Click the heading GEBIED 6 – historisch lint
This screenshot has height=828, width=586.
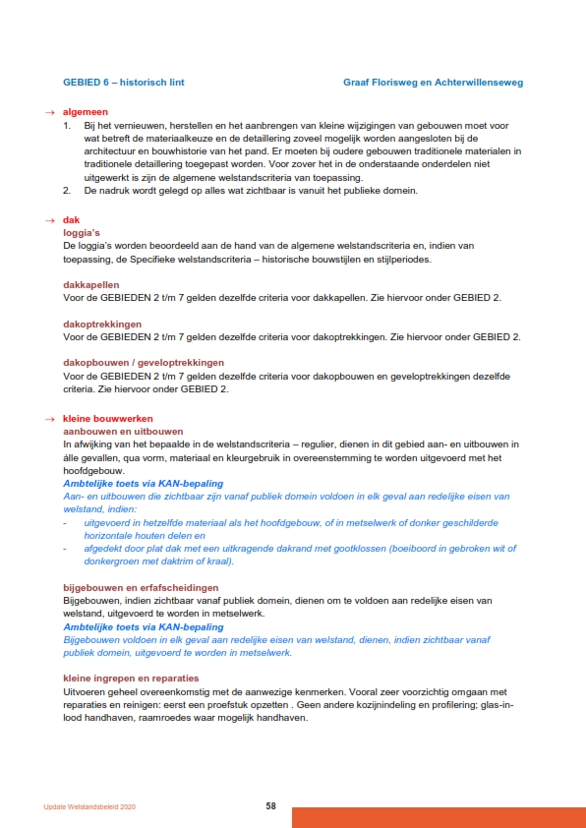pyautogui.click(x=123, y=83)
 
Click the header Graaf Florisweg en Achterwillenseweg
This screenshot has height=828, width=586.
pyautogui.click(x=433, y=83)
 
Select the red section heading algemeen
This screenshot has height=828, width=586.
pyautogui.click(x=86, y=113)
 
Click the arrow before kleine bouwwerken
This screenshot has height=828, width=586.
pyautogui.click(x=50, y=419)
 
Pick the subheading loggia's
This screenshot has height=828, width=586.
pyautogui.click(x=84, y=233)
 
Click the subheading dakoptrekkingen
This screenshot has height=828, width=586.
pyautogui.click(x=102, y=324)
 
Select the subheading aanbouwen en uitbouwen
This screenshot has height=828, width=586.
pyautogui.click(x=123, y=432)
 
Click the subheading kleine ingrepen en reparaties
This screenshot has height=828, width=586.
pyautogui.click(x=131, y=678)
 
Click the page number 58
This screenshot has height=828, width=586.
pyautogui.click(x=270, y=806)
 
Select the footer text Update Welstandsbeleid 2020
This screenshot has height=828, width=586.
pyautogui.click(x=89, y=807)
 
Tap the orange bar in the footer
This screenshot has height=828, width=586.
pyautogui.click(x=439, y=817)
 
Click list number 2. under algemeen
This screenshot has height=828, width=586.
pyautogui.click(x=67, y=190)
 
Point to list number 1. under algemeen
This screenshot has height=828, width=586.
pyautogui.click(x=67, y=126)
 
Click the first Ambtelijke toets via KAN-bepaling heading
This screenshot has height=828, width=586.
pyautogui.click(x=143, y=484)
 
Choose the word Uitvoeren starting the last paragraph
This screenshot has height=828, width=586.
pyautogui.click(x=87, y=690)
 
